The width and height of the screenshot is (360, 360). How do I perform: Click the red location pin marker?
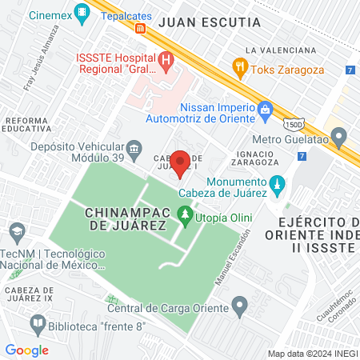(x=181, y=162)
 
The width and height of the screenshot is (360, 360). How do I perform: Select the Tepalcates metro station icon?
(x=141, y=28)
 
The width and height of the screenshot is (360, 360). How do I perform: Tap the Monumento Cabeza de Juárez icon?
(x=278, y=185)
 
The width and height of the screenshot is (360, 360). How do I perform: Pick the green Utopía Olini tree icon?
(x=185, y=214)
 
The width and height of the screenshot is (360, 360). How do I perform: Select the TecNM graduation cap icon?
(x=16, y=232)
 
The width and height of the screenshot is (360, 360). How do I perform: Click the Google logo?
(x=26, y=350)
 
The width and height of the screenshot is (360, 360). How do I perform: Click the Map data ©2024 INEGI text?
(x=311, y=353)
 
